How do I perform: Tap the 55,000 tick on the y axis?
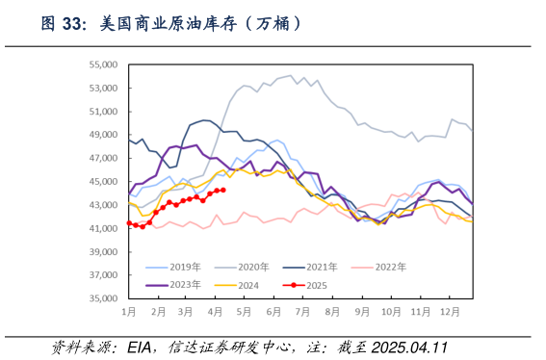(102, 64)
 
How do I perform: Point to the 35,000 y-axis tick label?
(102, 298)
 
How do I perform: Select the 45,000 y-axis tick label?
(102, 182)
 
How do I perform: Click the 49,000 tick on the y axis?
(102, 135)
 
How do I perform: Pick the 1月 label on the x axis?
(128, 313)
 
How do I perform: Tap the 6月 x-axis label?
(273, 313)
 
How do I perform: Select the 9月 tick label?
(361, 313)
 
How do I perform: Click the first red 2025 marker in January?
(129, 223)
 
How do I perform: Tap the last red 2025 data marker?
(223, 190)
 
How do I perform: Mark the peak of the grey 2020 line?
(291, 75)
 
